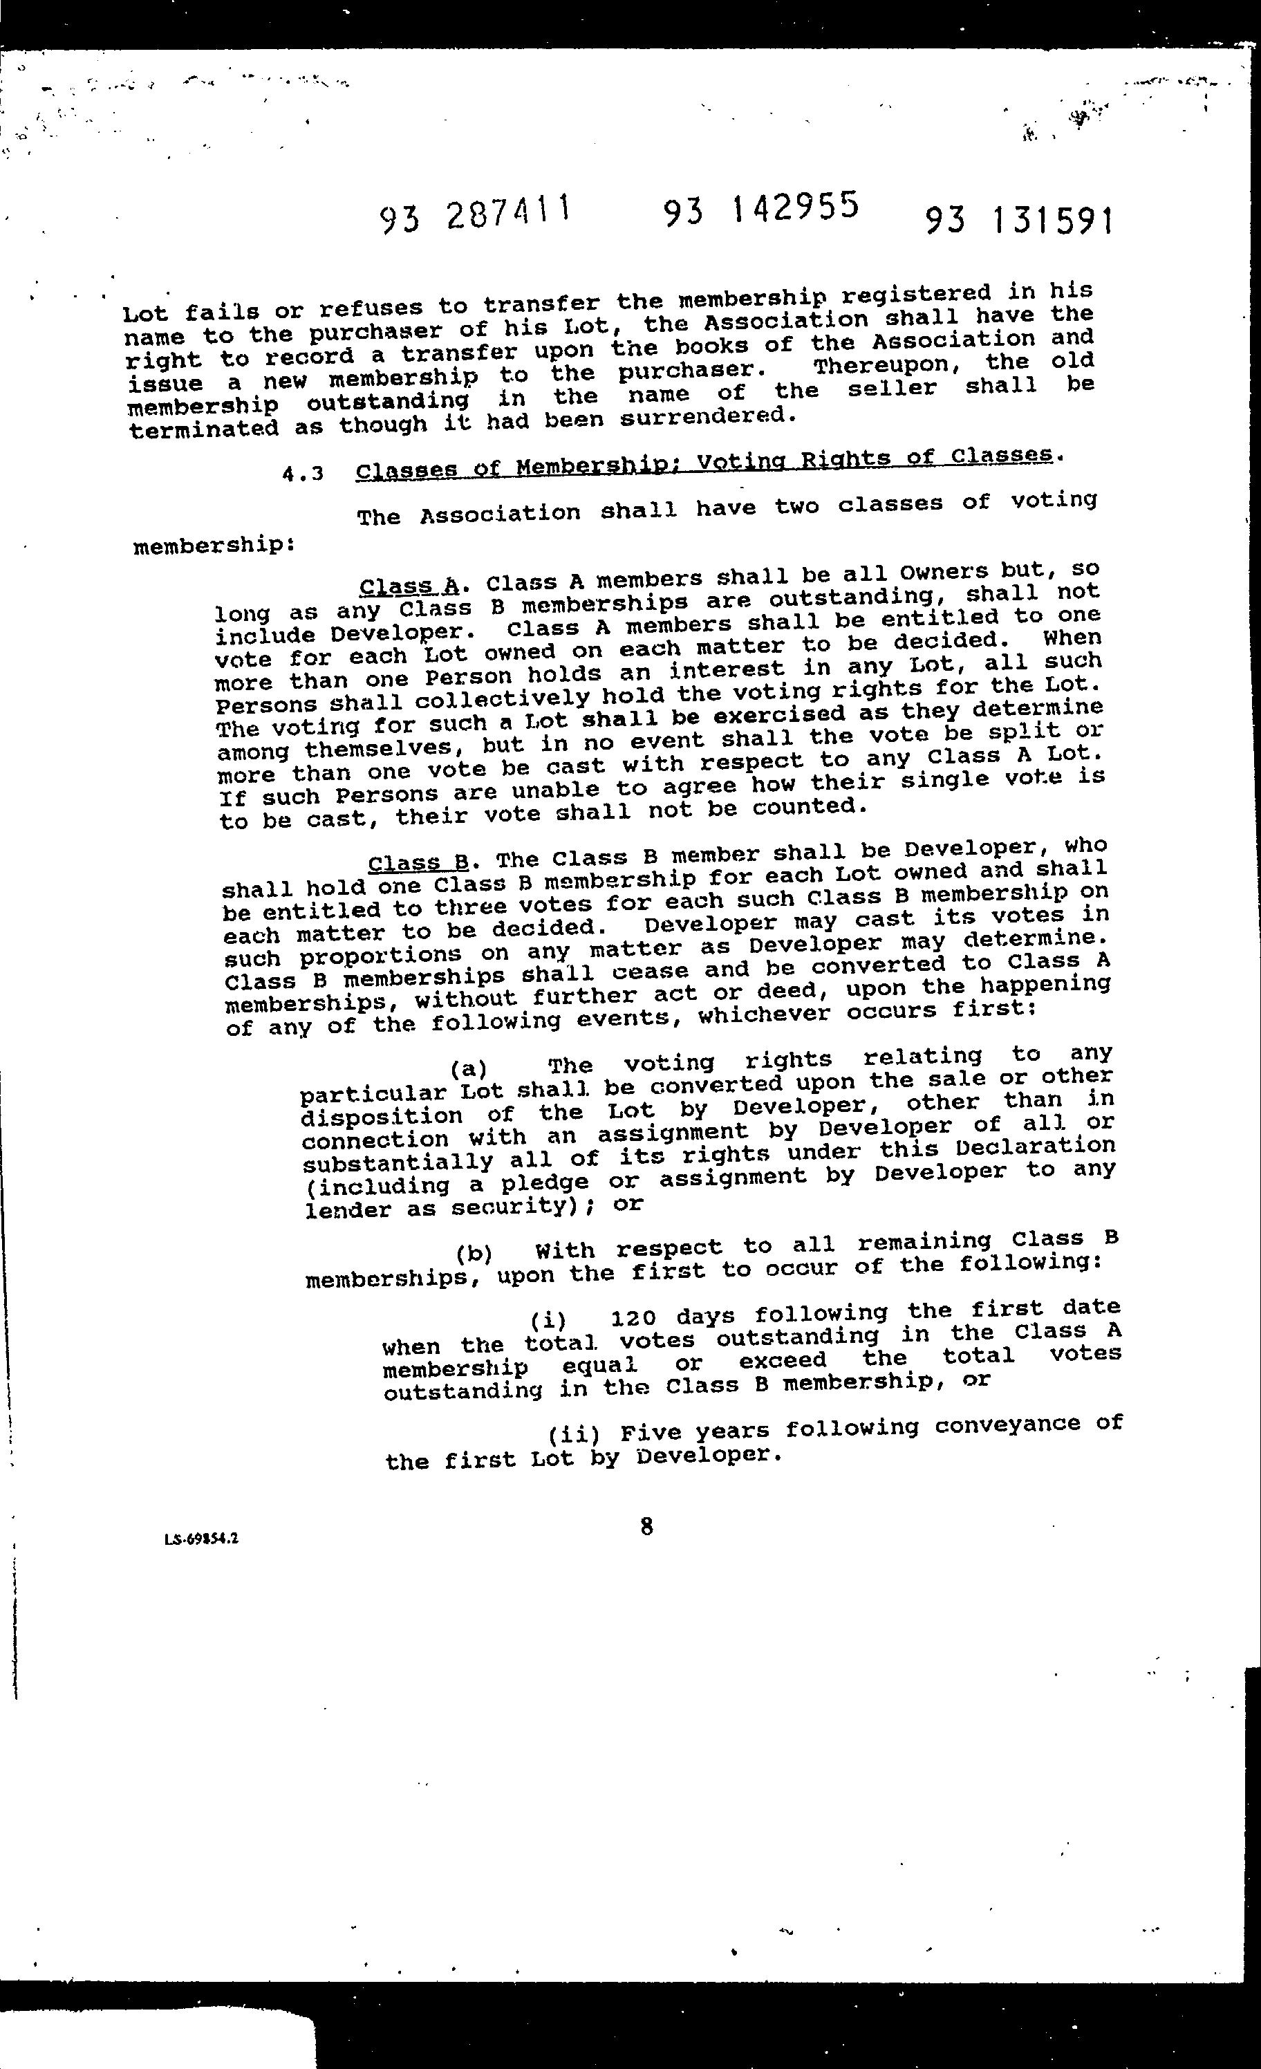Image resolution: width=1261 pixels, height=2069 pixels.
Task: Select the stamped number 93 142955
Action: point(760,208)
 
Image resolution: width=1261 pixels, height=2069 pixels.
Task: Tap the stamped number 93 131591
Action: point(1019,221)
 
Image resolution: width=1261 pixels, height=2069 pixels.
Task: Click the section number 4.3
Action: point(303,474)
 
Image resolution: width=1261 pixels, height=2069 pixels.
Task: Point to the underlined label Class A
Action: point(409,585)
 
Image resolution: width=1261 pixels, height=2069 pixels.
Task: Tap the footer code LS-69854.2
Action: point(201,1539)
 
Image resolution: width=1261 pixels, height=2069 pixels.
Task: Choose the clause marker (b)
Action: point(474,1254)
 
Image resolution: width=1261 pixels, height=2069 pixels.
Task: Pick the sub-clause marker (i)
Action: point(549,1320)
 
